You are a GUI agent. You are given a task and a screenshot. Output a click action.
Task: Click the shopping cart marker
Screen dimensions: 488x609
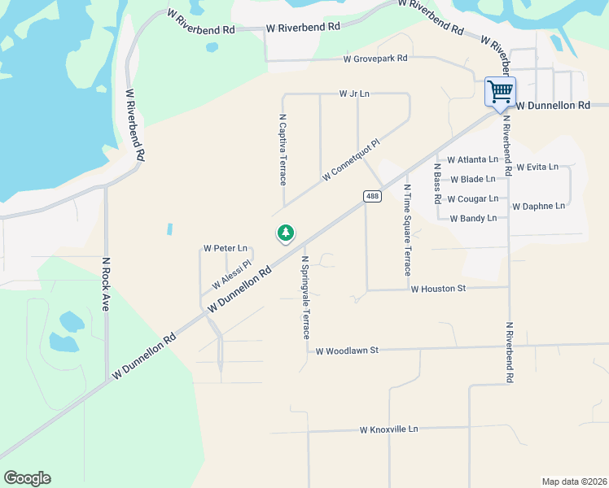click(x=500, y=91)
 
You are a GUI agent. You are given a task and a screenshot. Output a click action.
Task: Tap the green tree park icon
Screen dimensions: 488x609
click(x=285, y=234)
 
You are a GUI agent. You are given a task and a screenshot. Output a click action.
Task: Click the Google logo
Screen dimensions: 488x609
click(x=27, y=478)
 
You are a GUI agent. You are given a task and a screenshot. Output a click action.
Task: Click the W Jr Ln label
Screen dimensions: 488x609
click(x=354, y=94)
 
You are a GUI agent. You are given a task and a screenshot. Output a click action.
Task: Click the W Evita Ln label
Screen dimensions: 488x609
click(x=537, y=168)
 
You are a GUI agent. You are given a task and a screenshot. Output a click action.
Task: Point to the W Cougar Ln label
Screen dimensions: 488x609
click(x=472, y=199)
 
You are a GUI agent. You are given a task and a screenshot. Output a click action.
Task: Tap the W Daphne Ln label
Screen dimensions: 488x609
click(x=538, y=207)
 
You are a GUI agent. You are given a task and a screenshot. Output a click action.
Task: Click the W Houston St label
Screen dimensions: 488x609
click(x=438, y=289)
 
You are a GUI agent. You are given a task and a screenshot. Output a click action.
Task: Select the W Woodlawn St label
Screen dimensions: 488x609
click(x=348, y=351)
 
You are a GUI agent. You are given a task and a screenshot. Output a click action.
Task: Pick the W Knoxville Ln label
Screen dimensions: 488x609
click(x=388, y=429)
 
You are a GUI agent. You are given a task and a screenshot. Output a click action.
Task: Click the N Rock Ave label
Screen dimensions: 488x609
click(x=105, y=285)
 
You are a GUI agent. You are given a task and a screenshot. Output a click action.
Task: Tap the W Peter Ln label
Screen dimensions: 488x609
click(x=225, y=248)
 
